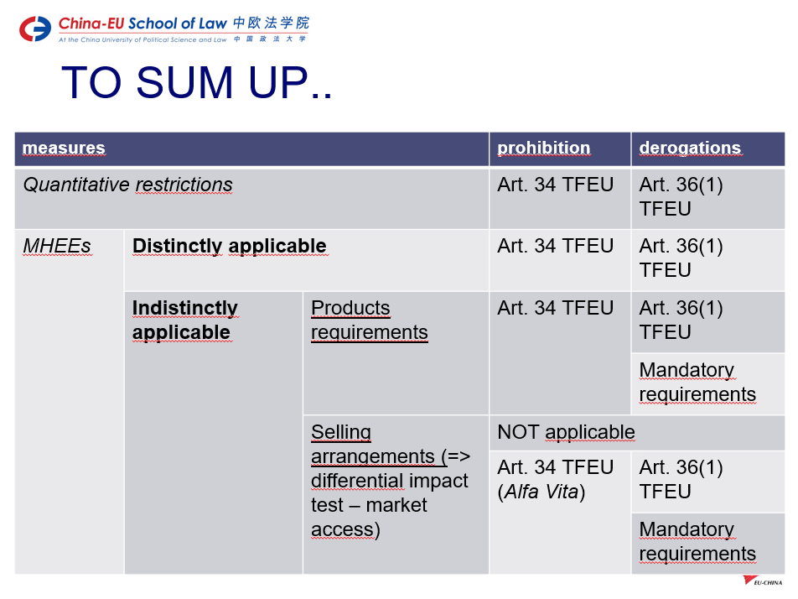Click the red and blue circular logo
(35, 29)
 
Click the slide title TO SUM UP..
(196, 82)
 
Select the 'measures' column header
(64, 148)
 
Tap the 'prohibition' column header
(543, 148)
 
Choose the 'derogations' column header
(690, 148)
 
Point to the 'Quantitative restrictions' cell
(127, 185)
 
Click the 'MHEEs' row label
(57, 246)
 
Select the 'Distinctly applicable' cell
(230, 246)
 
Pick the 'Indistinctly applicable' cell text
(185, 320)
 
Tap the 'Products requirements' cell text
(370, 320)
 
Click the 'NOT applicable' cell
(566, 432)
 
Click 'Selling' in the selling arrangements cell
(341, 432)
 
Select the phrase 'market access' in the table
(370, 517)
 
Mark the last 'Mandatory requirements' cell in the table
(697, 541)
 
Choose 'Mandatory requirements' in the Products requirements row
(697, 382)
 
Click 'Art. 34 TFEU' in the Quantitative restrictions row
(555, 185)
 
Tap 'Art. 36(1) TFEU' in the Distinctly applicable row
(681, 258)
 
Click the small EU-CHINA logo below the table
(763, 581)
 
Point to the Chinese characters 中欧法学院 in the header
(272, 23)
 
